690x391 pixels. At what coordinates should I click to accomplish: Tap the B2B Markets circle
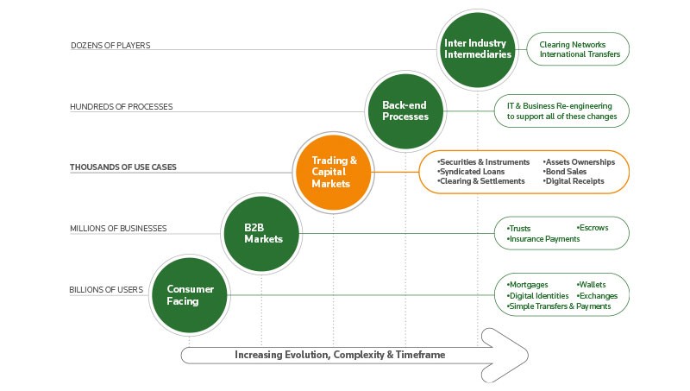(261, 233)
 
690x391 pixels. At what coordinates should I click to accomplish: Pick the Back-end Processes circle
(405, 110)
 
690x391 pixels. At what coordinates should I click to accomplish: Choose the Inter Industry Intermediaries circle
(477, 48)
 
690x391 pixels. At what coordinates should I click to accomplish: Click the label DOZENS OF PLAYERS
(110, 46)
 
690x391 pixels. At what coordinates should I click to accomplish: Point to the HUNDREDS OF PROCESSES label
(122, 107)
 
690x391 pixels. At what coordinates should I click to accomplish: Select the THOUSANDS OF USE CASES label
(123, 167)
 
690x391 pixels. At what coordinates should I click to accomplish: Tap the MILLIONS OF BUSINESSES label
(118, 229)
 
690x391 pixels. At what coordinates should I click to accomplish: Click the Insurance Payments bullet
(543, 238)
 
